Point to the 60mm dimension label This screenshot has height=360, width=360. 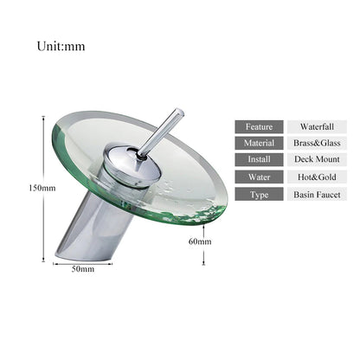click(200, 241)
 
